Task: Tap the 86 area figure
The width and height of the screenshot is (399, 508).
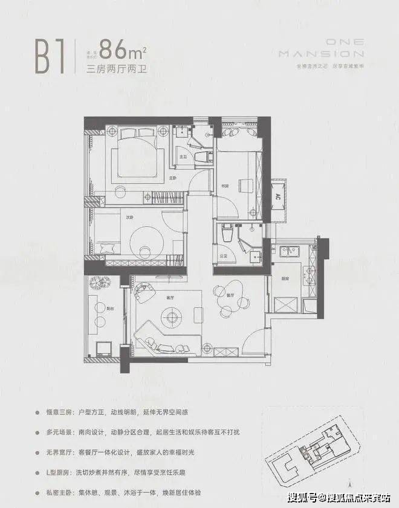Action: tap(118, 47)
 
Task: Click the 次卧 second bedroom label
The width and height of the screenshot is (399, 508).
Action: tap(129, 218)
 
